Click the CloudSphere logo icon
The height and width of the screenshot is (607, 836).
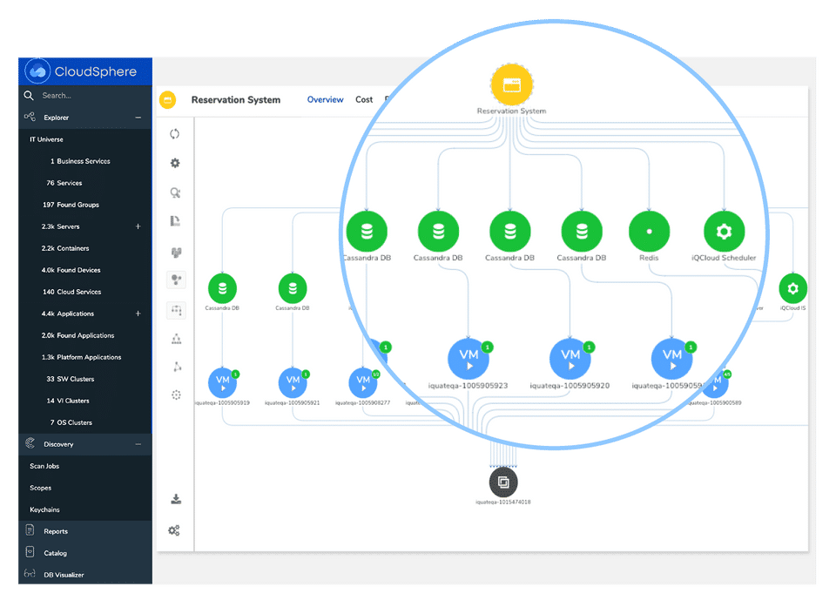pos(37,71)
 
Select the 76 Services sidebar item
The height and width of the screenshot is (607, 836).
pos(64,183)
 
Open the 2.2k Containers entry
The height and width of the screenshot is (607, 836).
pos(65,248)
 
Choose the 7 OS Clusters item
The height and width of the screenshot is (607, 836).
pos(71,422)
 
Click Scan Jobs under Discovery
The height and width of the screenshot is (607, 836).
pos(44,466)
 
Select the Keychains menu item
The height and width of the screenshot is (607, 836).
pos(44,509)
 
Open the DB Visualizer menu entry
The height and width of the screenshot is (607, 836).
pos(65,575)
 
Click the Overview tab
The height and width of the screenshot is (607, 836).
pos(325,100)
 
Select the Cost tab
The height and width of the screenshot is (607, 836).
pos(364,100)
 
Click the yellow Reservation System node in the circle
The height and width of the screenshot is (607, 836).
pos(511,85)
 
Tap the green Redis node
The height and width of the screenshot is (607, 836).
pos(649,233)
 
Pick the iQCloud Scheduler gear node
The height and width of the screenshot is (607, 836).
pos(724,233)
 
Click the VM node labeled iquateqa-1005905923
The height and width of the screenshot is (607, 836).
pos(469,358)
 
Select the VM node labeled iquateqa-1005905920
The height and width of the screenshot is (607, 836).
pos(570,358)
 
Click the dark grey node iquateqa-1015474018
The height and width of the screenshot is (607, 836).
pos(503,482)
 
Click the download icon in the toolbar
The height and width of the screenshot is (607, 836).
pos(175,499)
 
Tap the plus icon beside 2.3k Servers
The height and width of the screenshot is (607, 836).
pos(138,226)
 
